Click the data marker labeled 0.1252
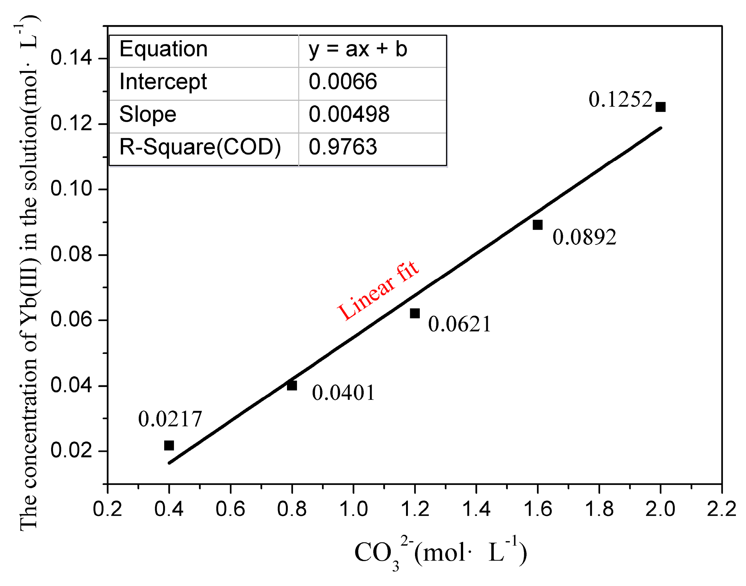[660, 107]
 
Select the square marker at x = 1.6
[537, 225]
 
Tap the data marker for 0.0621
[415, 313]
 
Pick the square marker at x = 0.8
[292, 385]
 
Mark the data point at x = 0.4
[169, 445]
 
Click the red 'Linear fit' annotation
[378, 291]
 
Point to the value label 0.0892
[584, 237]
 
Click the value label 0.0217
[170, 419]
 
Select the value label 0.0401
[343, 393]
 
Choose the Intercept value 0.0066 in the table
[343, 81]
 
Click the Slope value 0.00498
[349, 114]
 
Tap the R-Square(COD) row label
[200, 147]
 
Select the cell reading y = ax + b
[358, 49]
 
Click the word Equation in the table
[163, 49]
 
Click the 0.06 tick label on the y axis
[71, 320]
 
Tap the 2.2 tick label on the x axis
[721, 509]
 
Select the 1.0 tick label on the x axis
[353, 509]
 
